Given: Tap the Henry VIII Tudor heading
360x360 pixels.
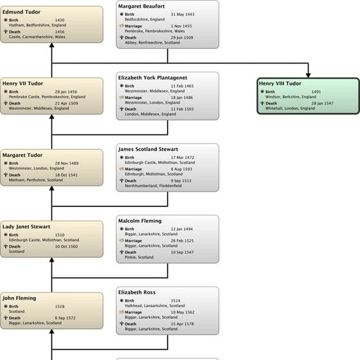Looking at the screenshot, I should [280, 84].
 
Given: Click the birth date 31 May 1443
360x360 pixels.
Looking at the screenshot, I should [183, 14].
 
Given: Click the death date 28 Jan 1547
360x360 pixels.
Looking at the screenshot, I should [323, 103].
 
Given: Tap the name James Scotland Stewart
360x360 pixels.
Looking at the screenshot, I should [147, 149].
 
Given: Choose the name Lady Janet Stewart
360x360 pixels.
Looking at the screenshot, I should [26, 226].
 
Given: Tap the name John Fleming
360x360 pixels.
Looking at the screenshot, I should [19, 298].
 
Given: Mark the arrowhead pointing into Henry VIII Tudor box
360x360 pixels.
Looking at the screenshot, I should [309, 74].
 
